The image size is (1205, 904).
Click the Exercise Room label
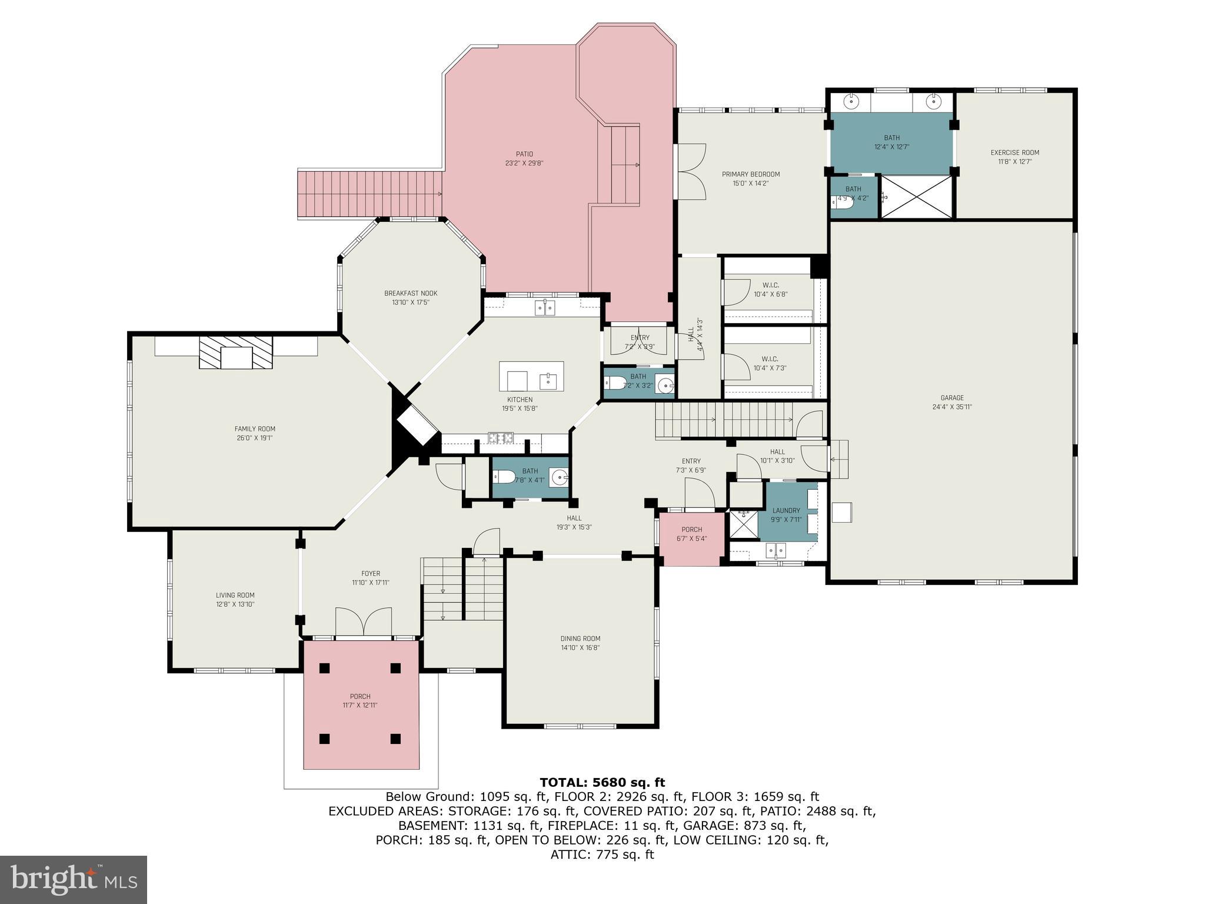(1014, 153)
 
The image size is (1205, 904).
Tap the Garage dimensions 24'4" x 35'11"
(951, 407)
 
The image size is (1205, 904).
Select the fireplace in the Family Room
(236, 353)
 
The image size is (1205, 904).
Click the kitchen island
(531, 377)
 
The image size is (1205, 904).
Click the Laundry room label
(786, 511)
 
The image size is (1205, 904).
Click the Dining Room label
(580, 639)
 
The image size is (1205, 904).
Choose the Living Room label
(235, 595)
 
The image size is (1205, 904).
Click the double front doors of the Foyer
(363, 622)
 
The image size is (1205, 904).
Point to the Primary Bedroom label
(751, 174)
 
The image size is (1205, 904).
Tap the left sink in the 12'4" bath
(851, 101)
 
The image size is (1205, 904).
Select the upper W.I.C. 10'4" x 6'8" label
(770, 285)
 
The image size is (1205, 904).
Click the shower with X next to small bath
(916, 197)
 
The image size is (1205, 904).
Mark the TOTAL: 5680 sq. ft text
(602, 783)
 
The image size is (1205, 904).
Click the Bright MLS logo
(73, 879)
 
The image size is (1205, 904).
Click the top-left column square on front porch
(325, 668)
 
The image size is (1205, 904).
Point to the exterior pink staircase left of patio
(370, 194)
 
